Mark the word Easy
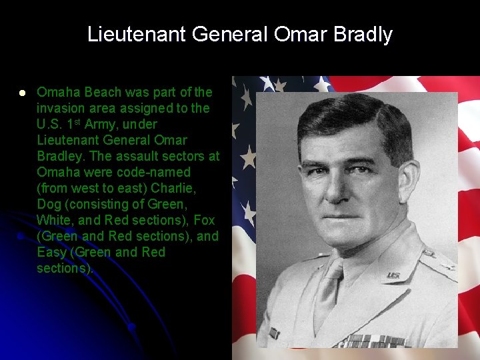point(51,252)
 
